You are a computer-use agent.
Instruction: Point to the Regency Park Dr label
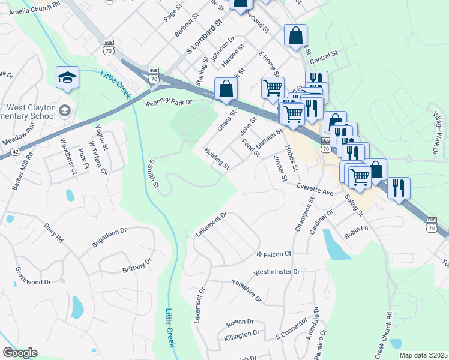click(x=170, y=102)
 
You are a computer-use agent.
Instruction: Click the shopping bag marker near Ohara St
click(x=226, y=89)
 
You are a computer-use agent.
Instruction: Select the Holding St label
click(x=217, y=157)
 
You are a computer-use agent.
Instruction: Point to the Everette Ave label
click(x=316, y=189)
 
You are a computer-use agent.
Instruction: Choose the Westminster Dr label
click(x=277, y=272)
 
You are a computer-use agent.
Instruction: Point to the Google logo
click(x=20, y=353)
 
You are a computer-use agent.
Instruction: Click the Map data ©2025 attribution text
click(x=423, y=355)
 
